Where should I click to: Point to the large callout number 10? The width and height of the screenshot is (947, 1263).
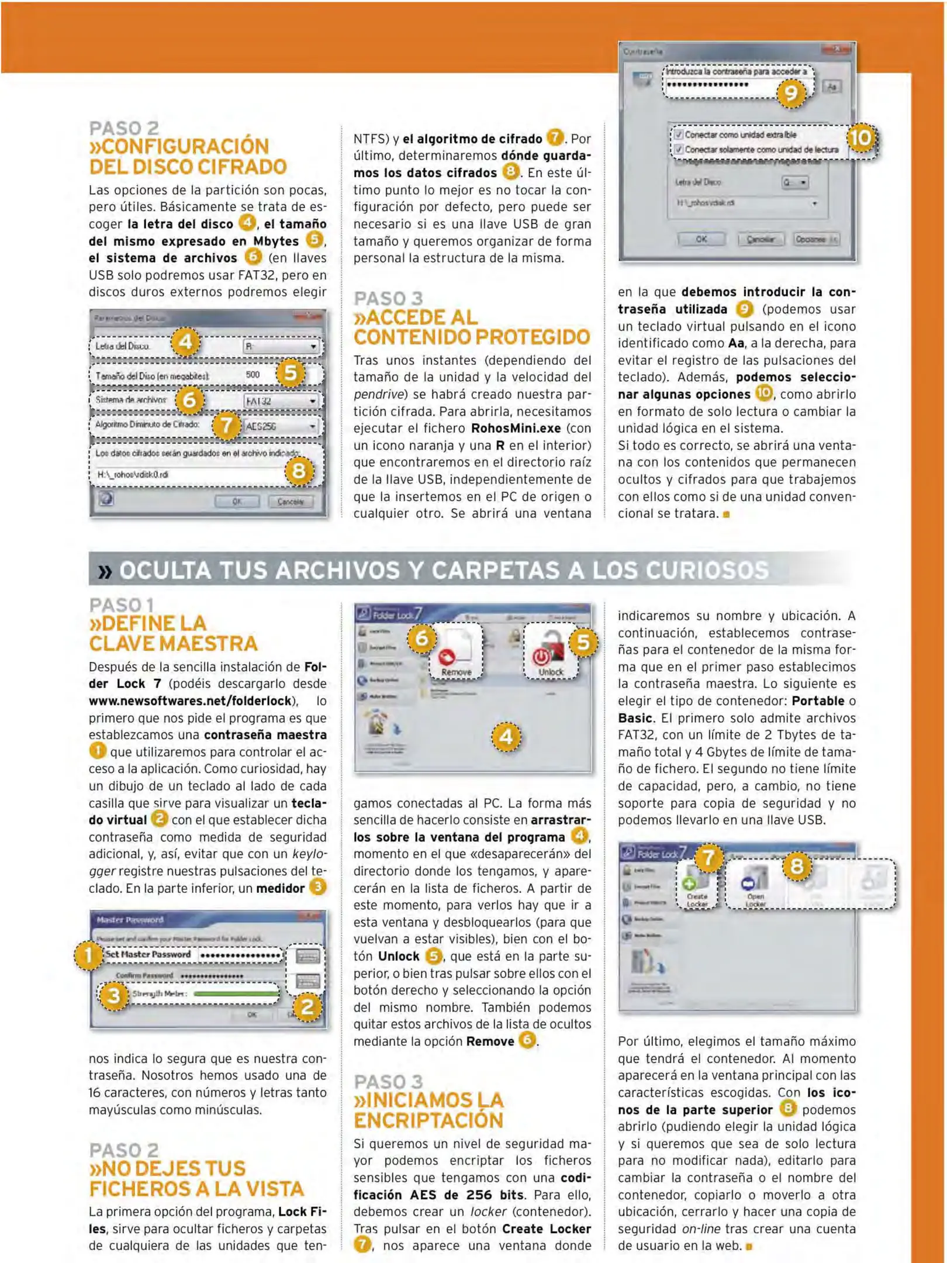pos(860,137)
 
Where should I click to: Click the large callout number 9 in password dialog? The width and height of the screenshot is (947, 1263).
pos(790,92)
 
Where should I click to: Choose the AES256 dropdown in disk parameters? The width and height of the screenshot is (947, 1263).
pos(281,426)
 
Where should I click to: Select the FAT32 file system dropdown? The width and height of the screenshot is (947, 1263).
pos(281,401)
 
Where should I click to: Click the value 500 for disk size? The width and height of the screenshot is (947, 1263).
pos(253,374)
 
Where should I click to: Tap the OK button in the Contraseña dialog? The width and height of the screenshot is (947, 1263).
pos(701,239)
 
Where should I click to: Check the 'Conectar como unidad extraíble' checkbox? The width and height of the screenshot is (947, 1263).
pos(679,134)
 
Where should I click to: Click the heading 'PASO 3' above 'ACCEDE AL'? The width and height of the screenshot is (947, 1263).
pos(388,298)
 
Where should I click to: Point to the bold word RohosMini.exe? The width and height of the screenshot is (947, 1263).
pos(516,428)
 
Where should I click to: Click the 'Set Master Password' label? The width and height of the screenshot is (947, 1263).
pos(148,954)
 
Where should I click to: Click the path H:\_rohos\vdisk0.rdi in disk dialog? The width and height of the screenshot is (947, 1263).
pos(133,474)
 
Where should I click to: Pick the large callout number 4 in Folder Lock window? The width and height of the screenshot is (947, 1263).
pos(506,736)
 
